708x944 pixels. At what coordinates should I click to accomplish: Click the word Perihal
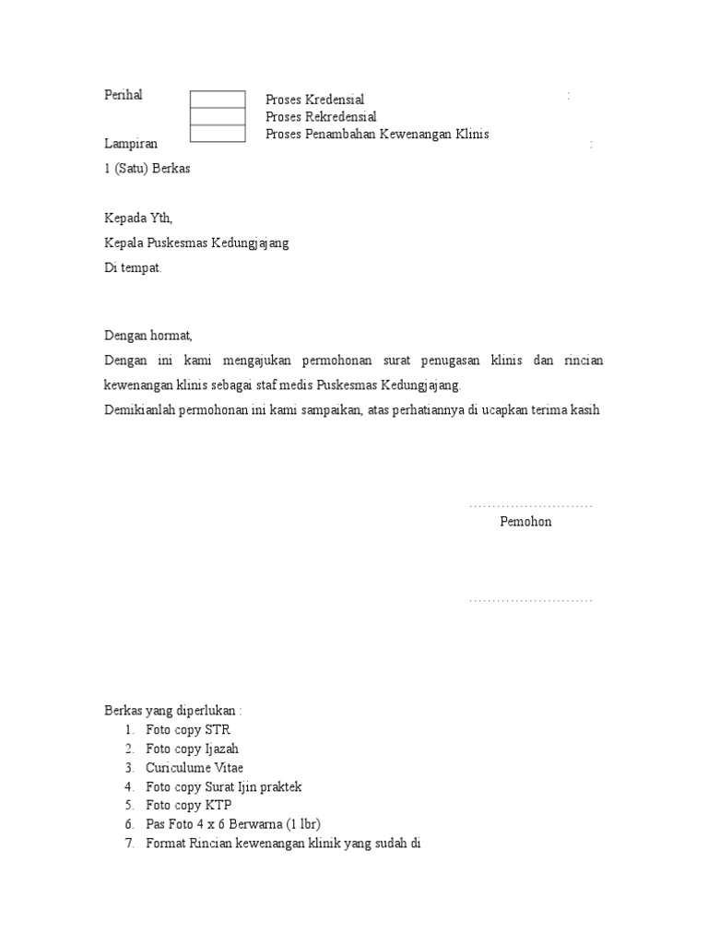pos(124,95)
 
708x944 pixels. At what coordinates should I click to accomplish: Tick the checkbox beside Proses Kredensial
pos(218,100)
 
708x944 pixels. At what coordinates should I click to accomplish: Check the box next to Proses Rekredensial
pos(218,116)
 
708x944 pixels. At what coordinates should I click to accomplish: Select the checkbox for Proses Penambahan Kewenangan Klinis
pos(218,134)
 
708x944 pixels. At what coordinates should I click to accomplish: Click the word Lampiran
pos(131,144)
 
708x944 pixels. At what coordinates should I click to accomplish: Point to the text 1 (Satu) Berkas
pos(147,169)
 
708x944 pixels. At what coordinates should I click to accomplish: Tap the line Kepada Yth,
pos(138,218)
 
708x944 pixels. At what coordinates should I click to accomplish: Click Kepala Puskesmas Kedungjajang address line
pos(196,243)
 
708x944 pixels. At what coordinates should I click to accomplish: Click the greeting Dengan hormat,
pos(148,336)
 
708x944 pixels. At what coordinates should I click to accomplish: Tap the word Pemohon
pos(525,522)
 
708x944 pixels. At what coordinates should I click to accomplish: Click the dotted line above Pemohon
pos(530,506)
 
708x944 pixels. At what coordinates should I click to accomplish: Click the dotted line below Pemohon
pos(530,601)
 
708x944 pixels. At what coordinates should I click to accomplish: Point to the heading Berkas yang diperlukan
pos(173,712)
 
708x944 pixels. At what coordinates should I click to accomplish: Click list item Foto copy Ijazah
pos(192,749)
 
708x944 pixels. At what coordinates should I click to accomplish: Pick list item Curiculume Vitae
pos(195,768)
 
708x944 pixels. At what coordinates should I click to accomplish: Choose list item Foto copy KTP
pos(188,805)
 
